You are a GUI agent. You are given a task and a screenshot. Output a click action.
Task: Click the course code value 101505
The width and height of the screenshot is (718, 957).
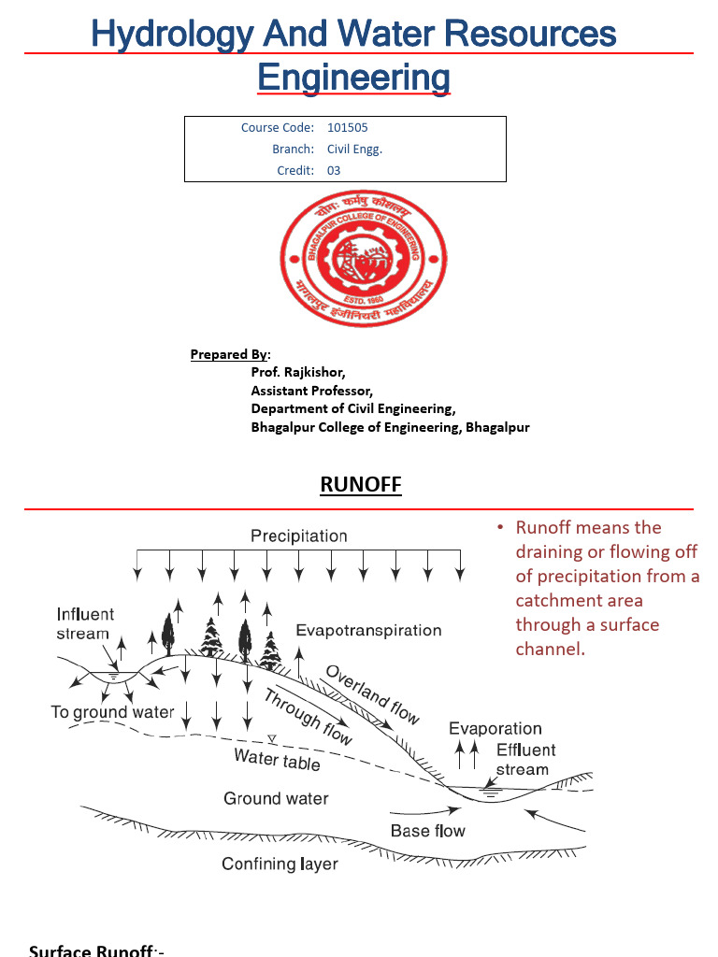tap(341, 127)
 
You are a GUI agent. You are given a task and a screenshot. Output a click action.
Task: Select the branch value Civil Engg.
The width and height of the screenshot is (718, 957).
tap(354, 149)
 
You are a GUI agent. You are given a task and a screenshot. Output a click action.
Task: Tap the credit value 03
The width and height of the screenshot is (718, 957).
tap(334, 170)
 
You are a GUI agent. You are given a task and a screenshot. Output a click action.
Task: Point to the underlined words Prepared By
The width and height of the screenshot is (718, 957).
tap(229, 354)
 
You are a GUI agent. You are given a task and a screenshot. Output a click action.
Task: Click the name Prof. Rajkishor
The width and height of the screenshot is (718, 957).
tap(292, 372)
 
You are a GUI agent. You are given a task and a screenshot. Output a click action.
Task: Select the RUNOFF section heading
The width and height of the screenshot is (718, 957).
tap(361, 484)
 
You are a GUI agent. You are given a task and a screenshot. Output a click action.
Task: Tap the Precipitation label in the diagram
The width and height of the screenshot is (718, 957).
tap(298, 536)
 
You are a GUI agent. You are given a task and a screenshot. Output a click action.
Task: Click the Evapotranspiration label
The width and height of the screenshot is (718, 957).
tap(368, 630)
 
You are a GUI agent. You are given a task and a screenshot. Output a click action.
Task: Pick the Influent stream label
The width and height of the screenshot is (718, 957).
tap(85, 623)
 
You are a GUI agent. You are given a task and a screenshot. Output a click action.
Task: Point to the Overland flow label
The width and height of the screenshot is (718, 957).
tap(372, 693)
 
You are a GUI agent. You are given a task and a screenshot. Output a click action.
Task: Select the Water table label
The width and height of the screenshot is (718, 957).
tap(277, 760)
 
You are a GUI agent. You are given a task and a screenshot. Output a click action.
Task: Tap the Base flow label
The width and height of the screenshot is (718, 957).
tap(427, 831)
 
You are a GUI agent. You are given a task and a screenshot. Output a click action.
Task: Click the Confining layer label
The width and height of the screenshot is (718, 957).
tap(280, 864)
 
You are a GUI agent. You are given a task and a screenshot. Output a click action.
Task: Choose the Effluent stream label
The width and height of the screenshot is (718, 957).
tap(524, 760)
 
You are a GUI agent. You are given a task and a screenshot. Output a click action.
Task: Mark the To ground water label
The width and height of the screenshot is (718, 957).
tap(112, 712)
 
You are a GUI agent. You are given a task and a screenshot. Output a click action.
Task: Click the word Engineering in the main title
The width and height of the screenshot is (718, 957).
tap(353, 77)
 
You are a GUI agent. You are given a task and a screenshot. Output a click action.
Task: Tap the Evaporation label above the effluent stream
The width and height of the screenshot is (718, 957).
tap(495, 728)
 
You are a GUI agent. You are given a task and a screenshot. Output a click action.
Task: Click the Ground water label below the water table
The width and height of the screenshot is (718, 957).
tap(276, 798)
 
